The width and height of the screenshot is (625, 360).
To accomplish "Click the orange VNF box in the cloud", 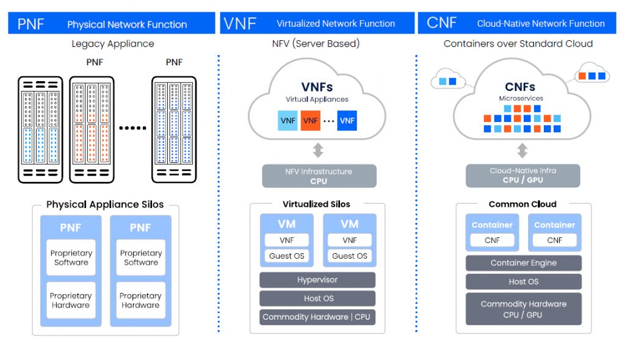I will [311, 120].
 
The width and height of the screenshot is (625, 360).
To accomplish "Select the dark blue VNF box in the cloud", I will [347, 120].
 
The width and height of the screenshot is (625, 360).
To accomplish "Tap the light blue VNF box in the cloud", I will [287, 120].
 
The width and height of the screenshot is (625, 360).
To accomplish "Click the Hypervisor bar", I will [317, 280].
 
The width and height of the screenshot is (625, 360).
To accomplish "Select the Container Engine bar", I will [523, 263].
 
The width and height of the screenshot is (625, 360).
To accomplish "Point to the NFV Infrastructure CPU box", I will [319, 176].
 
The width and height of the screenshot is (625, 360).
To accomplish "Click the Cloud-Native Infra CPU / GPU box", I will [522, 176].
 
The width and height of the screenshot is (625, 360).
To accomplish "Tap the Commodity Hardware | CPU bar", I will [317, 317].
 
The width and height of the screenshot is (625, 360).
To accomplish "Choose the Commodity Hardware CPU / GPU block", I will [523, 309].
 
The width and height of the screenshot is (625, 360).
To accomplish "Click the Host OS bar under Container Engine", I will [523, 282].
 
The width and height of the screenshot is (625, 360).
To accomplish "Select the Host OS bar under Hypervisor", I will [317, 298].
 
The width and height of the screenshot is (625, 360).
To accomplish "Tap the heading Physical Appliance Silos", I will [105, 205].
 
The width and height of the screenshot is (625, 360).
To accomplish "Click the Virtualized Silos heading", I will [316, 204].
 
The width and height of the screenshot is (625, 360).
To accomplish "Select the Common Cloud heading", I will [522, 204].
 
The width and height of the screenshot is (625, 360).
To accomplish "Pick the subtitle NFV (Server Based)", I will [316, 44].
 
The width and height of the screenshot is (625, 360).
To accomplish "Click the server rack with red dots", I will [92, 129].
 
